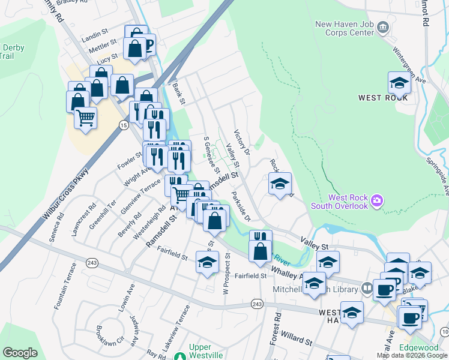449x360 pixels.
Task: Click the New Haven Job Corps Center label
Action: click(345, 28)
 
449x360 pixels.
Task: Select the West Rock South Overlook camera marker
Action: click(377, 199)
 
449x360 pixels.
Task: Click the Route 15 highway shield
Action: click(123, 125)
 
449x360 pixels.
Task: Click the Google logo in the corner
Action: click(20, 353)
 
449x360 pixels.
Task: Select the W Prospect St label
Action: click(226, 273)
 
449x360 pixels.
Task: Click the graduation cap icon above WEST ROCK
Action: click(399, 83)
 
